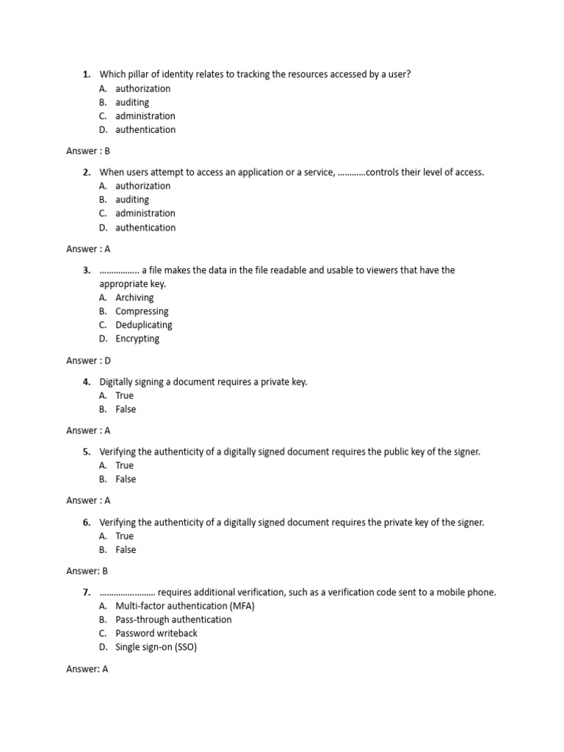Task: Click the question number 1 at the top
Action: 86,74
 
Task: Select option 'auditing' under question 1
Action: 132,102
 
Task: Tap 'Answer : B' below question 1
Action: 88,151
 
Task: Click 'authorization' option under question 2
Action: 142,186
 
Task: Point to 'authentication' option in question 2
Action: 145,228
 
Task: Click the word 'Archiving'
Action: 134,297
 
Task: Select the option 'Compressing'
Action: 142,311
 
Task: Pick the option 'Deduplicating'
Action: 144,325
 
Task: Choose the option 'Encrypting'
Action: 137,339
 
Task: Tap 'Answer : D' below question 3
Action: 88,361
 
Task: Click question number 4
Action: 86,382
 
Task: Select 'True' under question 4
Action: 125,395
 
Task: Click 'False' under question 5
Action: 126,479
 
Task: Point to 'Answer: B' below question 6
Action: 87,571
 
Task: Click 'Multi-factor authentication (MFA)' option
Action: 185,606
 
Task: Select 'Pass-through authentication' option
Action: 173,619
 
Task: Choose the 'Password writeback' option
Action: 156,633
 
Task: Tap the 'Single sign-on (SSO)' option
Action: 156,647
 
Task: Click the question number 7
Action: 86,592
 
